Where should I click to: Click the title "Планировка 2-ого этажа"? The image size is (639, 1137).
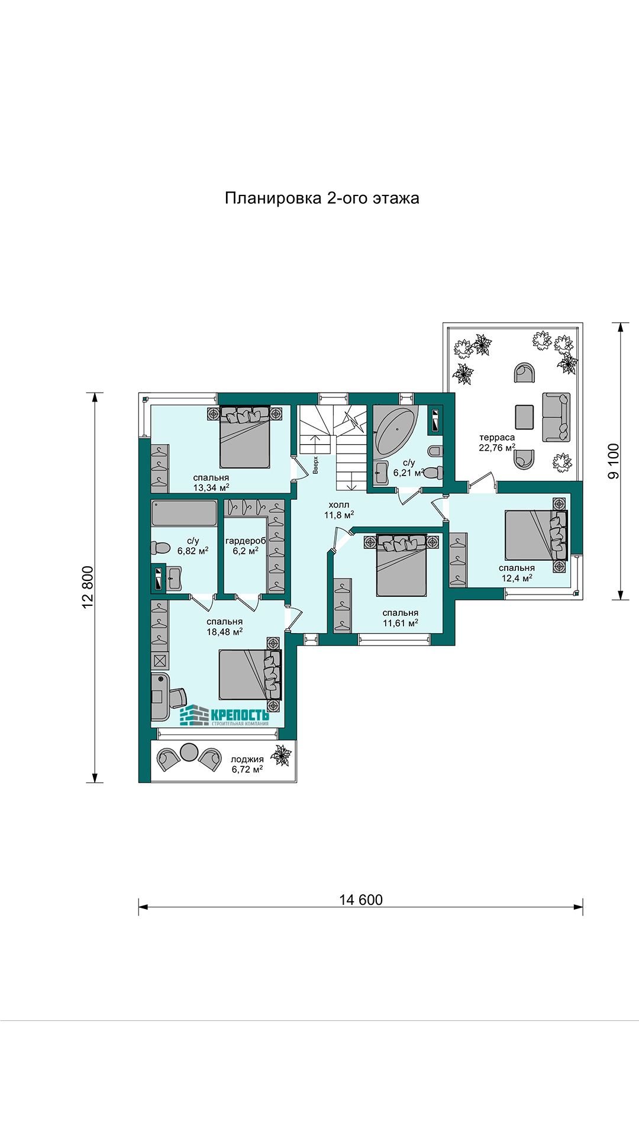click(322, 198)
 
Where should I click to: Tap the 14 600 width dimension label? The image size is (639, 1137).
click(361, 900)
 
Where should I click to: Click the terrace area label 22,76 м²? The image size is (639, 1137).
click(497, 448)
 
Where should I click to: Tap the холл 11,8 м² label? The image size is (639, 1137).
click(339, 510)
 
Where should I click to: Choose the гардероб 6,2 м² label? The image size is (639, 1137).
click(246, 545)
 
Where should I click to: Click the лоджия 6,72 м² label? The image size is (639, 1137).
click(247, 765)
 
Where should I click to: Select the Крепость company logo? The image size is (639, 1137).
click(224, 715)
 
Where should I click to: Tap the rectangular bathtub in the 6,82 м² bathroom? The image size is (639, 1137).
click(184, 513)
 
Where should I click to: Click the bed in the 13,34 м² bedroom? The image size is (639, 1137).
click(245, 436)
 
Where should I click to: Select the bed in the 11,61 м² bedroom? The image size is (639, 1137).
click(402, 565)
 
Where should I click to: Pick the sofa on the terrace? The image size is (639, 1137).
click(556, 417)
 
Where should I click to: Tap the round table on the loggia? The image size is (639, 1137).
click(189, 752)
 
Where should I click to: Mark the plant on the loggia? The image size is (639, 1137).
click(281, 756)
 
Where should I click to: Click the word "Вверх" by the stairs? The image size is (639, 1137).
click(316, 465)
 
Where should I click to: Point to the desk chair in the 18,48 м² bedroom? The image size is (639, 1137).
click(176, 697)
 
